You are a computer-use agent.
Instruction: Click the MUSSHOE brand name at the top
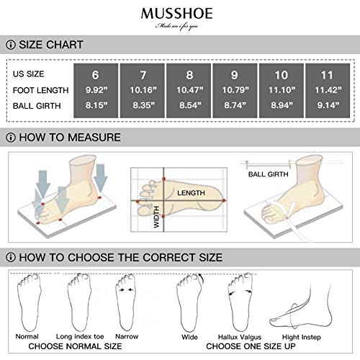coord(180,14)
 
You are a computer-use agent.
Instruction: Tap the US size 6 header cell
coord(95,74)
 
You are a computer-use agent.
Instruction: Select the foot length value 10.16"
coord(142,91)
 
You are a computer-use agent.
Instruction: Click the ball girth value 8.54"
coord(189,107)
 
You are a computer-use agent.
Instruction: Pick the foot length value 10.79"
coord(235,91)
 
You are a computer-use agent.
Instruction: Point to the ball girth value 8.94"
coord(282,107)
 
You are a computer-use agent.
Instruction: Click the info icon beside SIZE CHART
coord(12,45)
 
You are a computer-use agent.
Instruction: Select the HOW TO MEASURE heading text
coord(70,137)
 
